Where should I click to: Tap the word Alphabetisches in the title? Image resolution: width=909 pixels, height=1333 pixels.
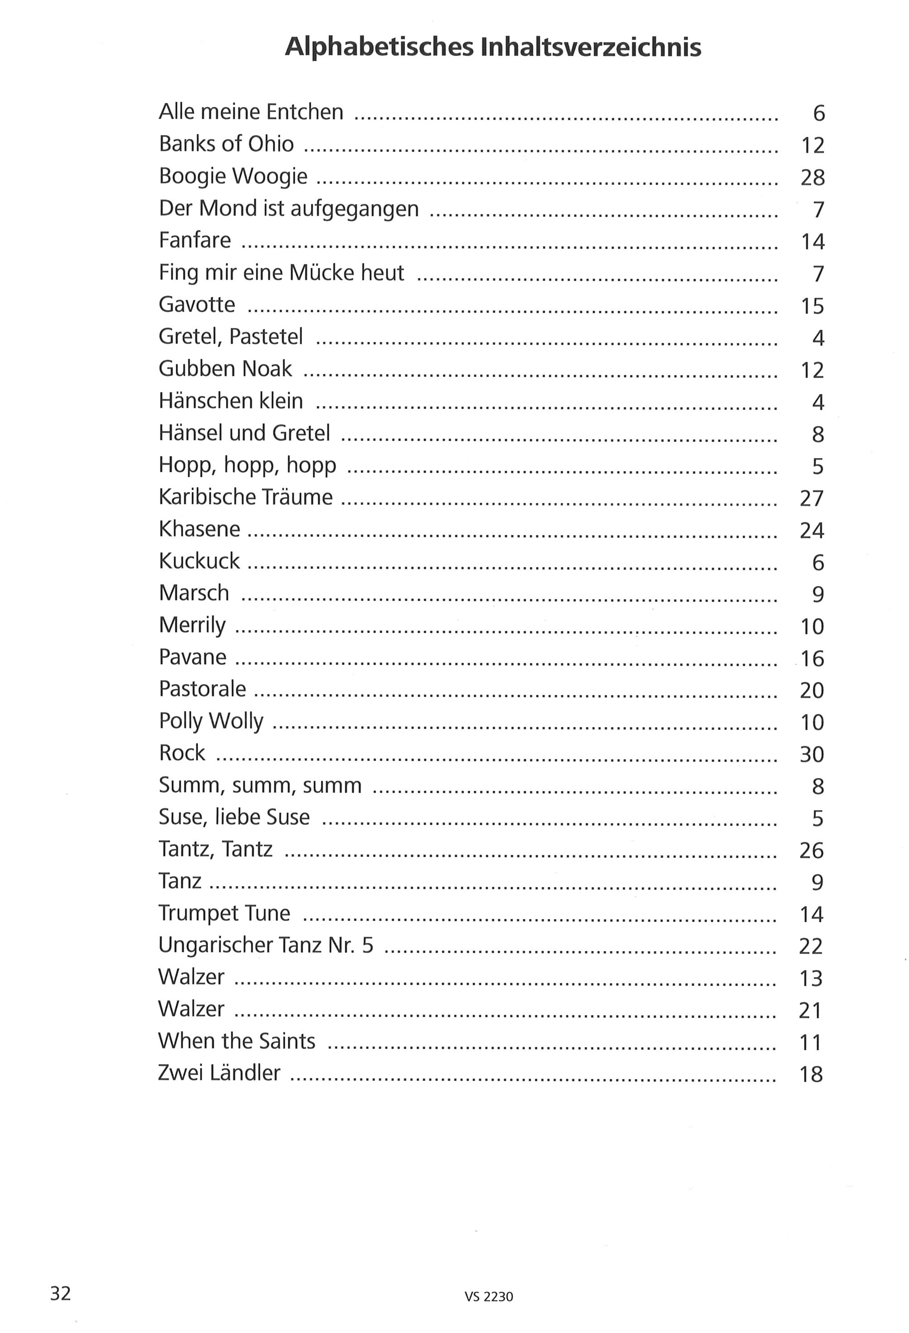[379, 47]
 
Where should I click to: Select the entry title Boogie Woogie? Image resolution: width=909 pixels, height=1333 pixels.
[233, 176]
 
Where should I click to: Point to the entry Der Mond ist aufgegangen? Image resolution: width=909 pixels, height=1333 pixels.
[289, 208]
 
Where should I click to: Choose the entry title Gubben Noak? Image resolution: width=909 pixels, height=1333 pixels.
[225, 369]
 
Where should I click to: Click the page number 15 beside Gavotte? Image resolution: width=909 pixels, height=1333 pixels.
[812, 306]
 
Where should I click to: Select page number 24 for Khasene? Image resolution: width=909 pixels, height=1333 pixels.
[811, 530]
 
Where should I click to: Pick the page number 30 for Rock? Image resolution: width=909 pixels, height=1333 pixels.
[811, 754]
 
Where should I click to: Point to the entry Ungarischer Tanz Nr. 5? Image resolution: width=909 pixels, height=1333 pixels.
[266, 945]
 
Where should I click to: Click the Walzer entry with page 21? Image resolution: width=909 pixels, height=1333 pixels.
[191, 1009]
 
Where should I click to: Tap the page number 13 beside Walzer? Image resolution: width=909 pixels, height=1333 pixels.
[811, 977]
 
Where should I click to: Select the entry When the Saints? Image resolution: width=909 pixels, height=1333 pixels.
[236, 1041]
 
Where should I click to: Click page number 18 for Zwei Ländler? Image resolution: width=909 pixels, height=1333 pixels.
[811, 1074]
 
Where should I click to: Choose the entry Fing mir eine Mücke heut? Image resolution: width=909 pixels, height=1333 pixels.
[281, 272]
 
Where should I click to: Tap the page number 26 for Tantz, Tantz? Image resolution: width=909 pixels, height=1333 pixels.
[811, 850]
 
